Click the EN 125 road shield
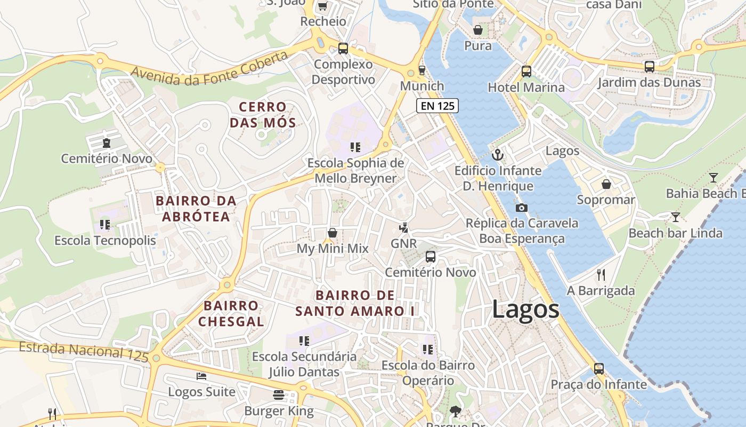click(x=437, y=106)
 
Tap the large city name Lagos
click(x=525, y=310)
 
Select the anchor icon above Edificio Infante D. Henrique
click(x=497, y=155)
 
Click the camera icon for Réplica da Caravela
click(x=521, y=208)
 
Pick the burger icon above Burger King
click(x=279, y=395)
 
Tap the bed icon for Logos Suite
click(x=201, y=376)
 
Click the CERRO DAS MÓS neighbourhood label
click(x=263, y=115)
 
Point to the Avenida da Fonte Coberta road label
click(x=208, y=68)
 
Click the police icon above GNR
click(x=403, y=228)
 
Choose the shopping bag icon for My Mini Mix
click(x=333, y=233)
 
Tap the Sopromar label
click(x=606, y=200)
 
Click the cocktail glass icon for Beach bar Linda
click(x=676, y=217)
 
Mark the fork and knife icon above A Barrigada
click(x=601, y=275)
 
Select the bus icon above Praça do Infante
click(x=599, y=369)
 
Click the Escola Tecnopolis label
click(x=105, y=240)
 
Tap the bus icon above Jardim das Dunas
click(x=649, y=67)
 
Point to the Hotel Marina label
click(x=526, y=87)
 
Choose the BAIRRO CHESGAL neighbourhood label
click(x=231, y=313)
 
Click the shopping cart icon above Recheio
click(x=322, y=6)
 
